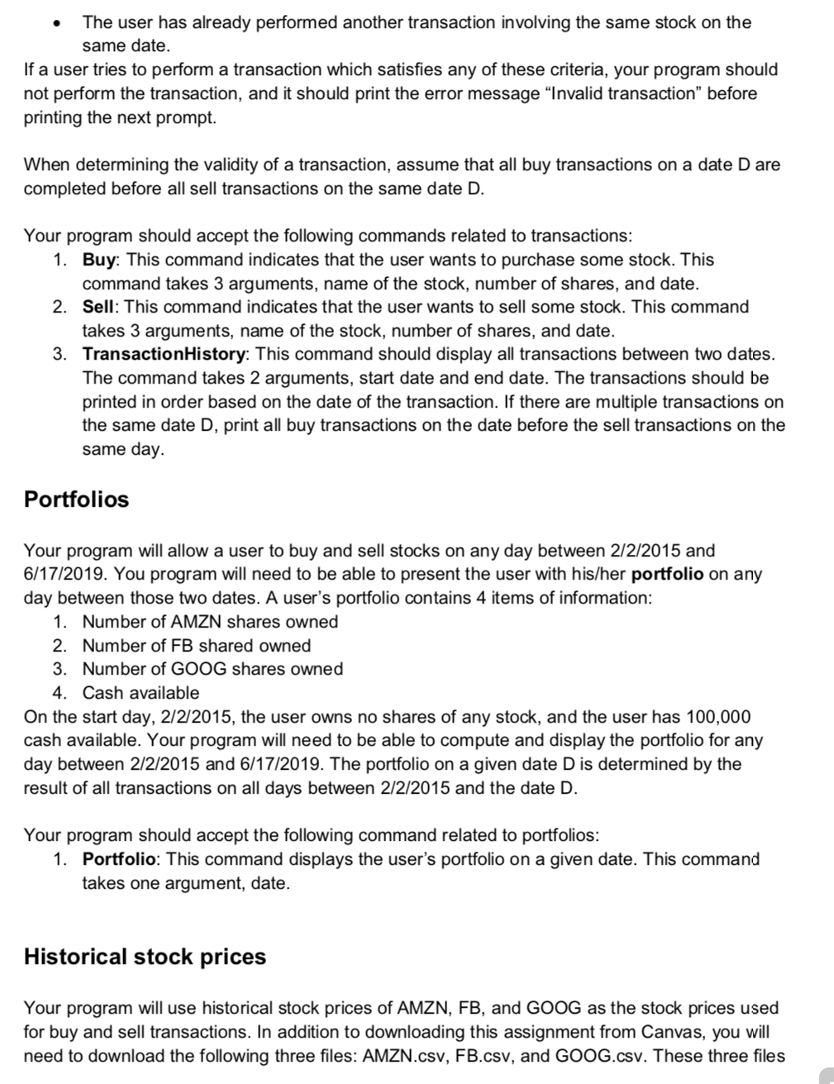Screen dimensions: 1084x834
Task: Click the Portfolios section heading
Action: [x=77, y=499]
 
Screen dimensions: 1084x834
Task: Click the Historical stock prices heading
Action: [x=145, y=957]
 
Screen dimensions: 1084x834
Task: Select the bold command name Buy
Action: [x=101, y=260]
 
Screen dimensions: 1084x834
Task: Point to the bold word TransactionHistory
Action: [x=163, y=354]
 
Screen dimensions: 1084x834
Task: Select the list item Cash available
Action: [x=141, y=693]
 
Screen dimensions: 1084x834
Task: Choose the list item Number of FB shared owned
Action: [x=196, y=646]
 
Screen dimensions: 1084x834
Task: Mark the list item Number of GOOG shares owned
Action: [x=212, y=669]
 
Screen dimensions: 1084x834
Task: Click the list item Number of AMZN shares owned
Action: [x=210, y=622]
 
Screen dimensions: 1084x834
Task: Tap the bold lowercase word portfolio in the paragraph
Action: [x=667, y=574]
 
